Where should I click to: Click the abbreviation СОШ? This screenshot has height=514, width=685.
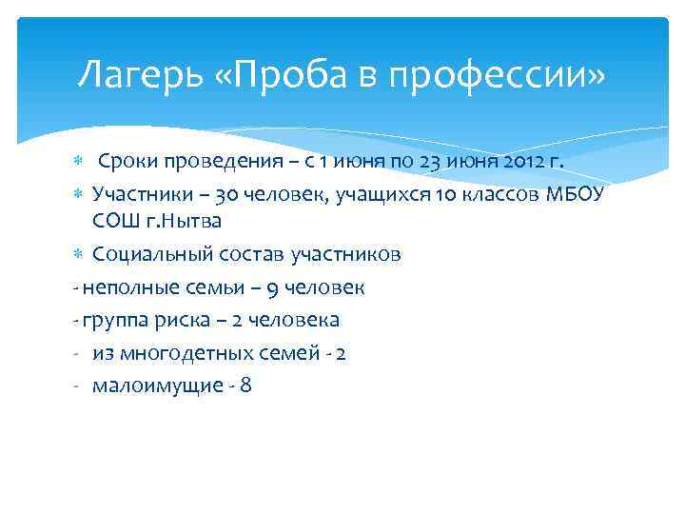click(116, 222)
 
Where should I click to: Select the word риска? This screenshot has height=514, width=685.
click(175, 320)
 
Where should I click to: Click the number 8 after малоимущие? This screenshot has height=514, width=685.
click(246, 385)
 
